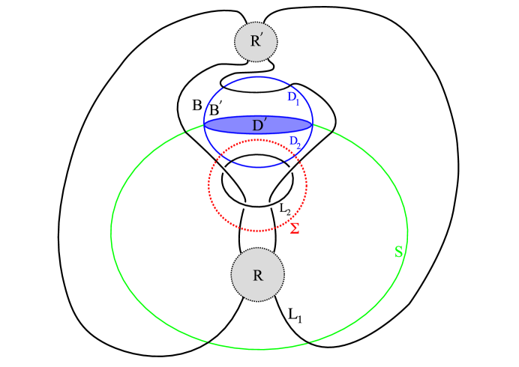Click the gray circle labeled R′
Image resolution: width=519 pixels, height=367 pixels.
pos(256,42)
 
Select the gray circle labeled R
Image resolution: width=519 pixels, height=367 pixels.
pos(257,275)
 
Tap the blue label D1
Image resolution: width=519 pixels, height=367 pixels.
pos(293,98)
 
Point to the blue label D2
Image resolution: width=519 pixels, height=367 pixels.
pos(295,142)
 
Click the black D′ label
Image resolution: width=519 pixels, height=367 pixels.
pos(259,125)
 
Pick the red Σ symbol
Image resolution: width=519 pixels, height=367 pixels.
pos(295,228)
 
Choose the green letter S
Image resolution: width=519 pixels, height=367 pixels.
pos(399,252)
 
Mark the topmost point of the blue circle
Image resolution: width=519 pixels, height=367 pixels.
pos(258,76)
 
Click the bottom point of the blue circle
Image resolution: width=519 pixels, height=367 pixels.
pos(258,167)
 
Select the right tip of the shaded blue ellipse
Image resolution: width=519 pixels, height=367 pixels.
pos(311,124)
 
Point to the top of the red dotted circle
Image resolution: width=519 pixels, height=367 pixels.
pos(257,140)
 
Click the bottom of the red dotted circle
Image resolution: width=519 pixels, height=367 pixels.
pos(257,231)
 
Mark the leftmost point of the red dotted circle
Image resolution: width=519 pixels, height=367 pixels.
pos(208,185)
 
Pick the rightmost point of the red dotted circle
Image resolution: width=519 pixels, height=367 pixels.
pos(306,185)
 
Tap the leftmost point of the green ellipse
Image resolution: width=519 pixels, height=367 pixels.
pos(111,231)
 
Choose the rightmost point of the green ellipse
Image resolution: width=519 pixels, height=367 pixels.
pos(407,231)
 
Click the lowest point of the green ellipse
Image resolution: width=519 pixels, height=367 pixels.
pos(259,349)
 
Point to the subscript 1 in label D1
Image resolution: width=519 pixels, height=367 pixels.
pos(298,102)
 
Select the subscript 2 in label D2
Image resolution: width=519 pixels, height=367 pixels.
pos(298,145)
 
